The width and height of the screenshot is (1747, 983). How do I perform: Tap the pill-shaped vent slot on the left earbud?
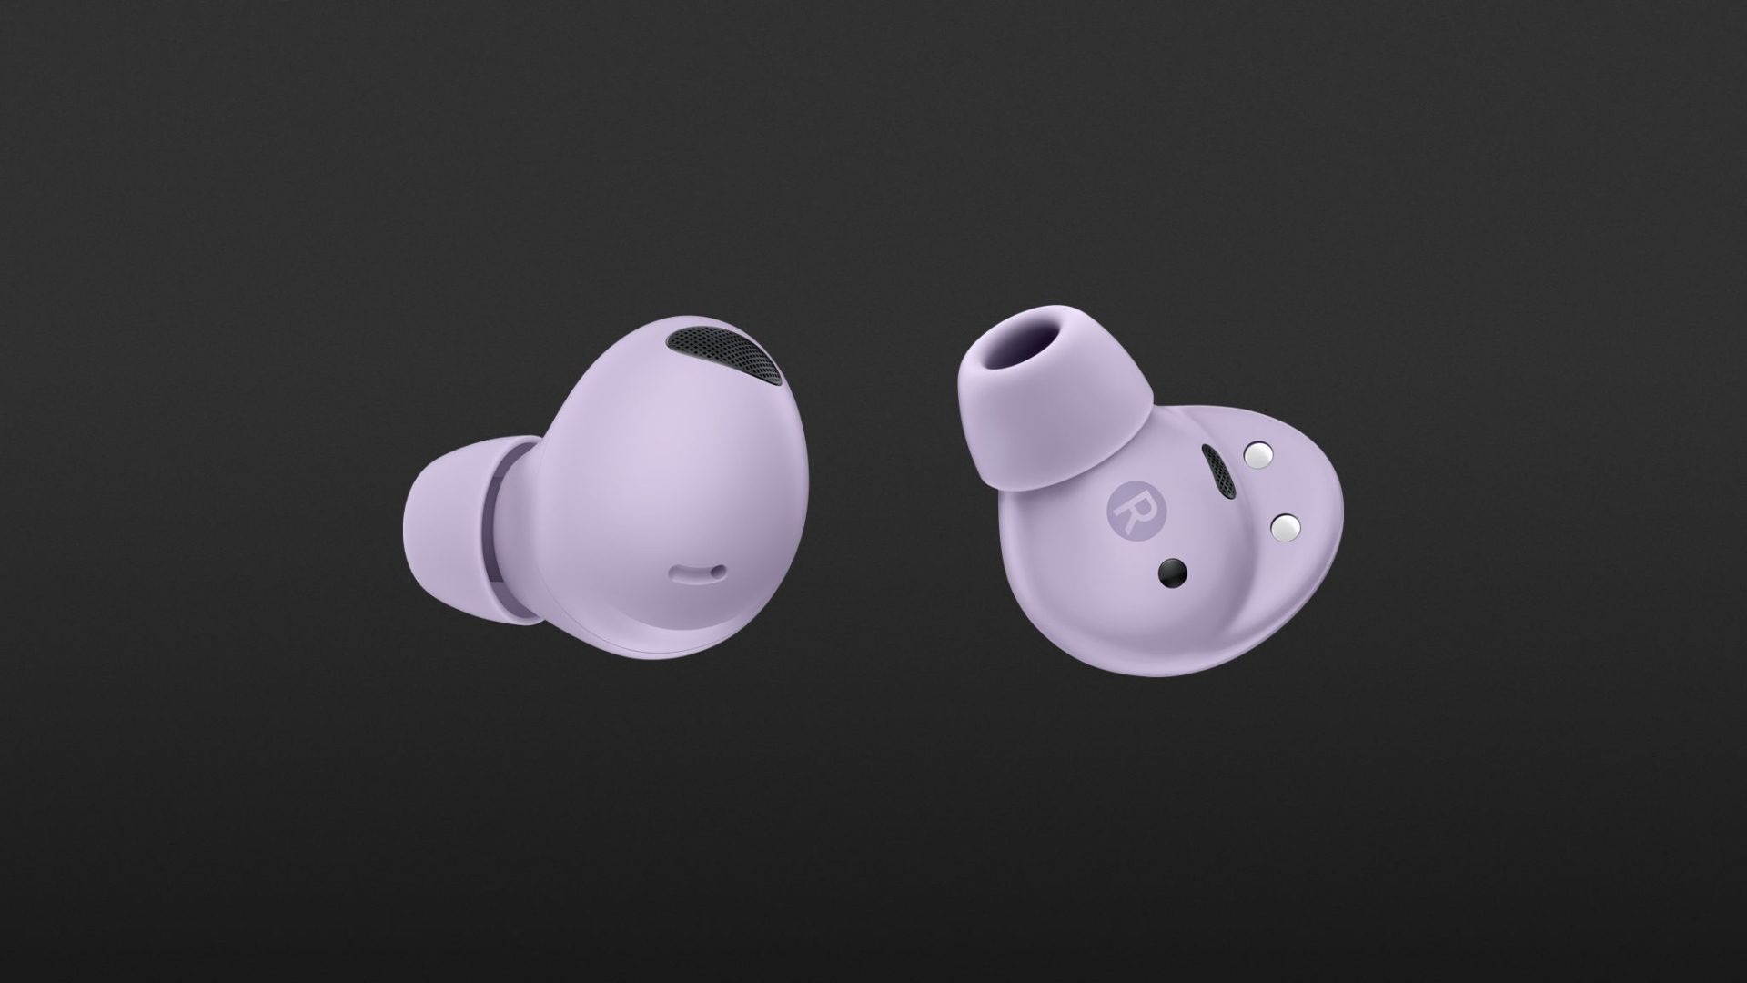pos(699,573)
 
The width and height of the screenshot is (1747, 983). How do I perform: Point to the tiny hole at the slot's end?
pos(720,573)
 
